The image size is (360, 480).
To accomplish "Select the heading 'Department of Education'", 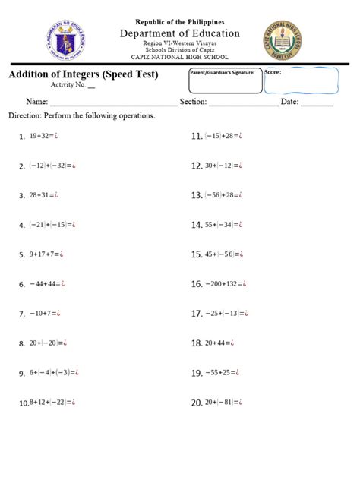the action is coord(179,33).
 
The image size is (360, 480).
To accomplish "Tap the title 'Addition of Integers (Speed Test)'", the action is coord(84,74).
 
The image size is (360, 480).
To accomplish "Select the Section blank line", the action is coord(242,103).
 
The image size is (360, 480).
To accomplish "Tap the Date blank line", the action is coord(317,103).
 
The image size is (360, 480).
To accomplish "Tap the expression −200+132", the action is coord(226,285).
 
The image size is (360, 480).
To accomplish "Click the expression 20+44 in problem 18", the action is coord(220,343).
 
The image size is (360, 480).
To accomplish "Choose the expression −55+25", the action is coord(223,373).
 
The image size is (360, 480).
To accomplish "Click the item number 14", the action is coord(196,226).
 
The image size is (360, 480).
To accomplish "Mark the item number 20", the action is coord(196,403).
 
